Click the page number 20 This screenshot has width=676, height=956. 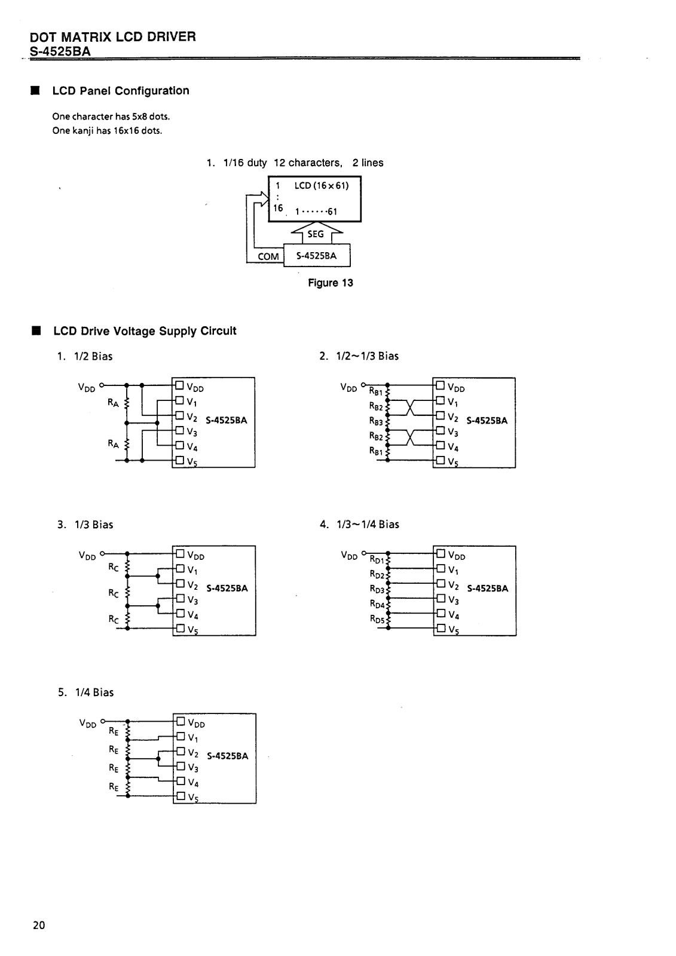point(39,925)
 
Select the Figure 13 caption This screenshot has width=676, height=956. point(331,283)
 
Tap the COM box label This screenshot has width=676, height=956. point(268,256)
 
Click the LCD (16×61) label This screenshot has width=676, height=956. point(322,186)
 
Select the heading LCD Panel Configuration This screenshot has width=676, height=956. point(120,91)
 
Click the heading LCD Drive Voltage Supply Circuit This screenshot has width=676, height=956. point(145,331)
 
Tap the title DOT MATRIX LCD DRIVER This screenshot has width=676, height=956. point(113,36)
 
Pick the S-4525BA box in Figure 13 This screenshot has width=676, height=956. point(317,255)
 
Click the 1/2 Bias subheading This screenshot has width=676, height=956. point(93,356)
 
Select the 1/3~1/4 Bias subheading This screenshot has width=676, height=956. point(368,525)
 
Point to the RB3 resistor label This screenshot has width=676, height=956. point(376,421)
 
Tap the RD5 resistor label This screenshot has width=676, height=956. point(377,619)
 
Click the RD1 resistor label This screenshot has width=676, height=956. point(377,559)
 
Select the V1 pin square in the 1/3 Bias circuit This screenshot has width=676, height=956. point(181,568)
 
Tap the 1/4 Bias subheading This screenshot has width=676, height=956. point(94,693)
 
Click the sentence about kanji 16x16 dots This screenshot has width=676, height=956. point(107,131)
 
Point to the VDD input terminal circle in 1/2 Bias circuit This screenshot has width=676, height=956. point(102,385)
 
